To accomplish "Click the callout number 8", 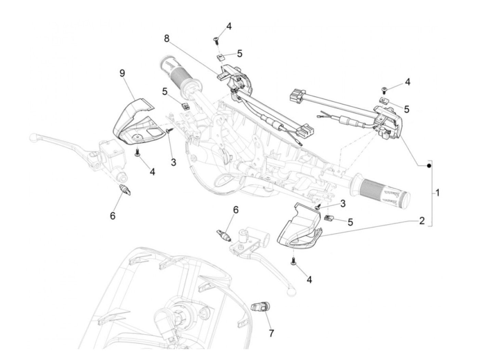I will click(167, 38).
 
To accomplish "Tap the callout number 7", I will click(271, 333).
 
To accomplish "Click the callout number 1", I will click(438, 193).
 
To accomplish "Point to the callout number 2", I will click(422, 221).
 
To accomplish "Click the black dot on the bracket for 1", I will click(428, 166).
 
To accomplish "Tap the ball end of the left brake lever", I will click(33, 137).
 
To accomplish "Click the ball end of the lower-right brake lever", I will click(291, 291).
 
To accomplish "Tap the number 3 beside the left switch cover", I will click(173, 162).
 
